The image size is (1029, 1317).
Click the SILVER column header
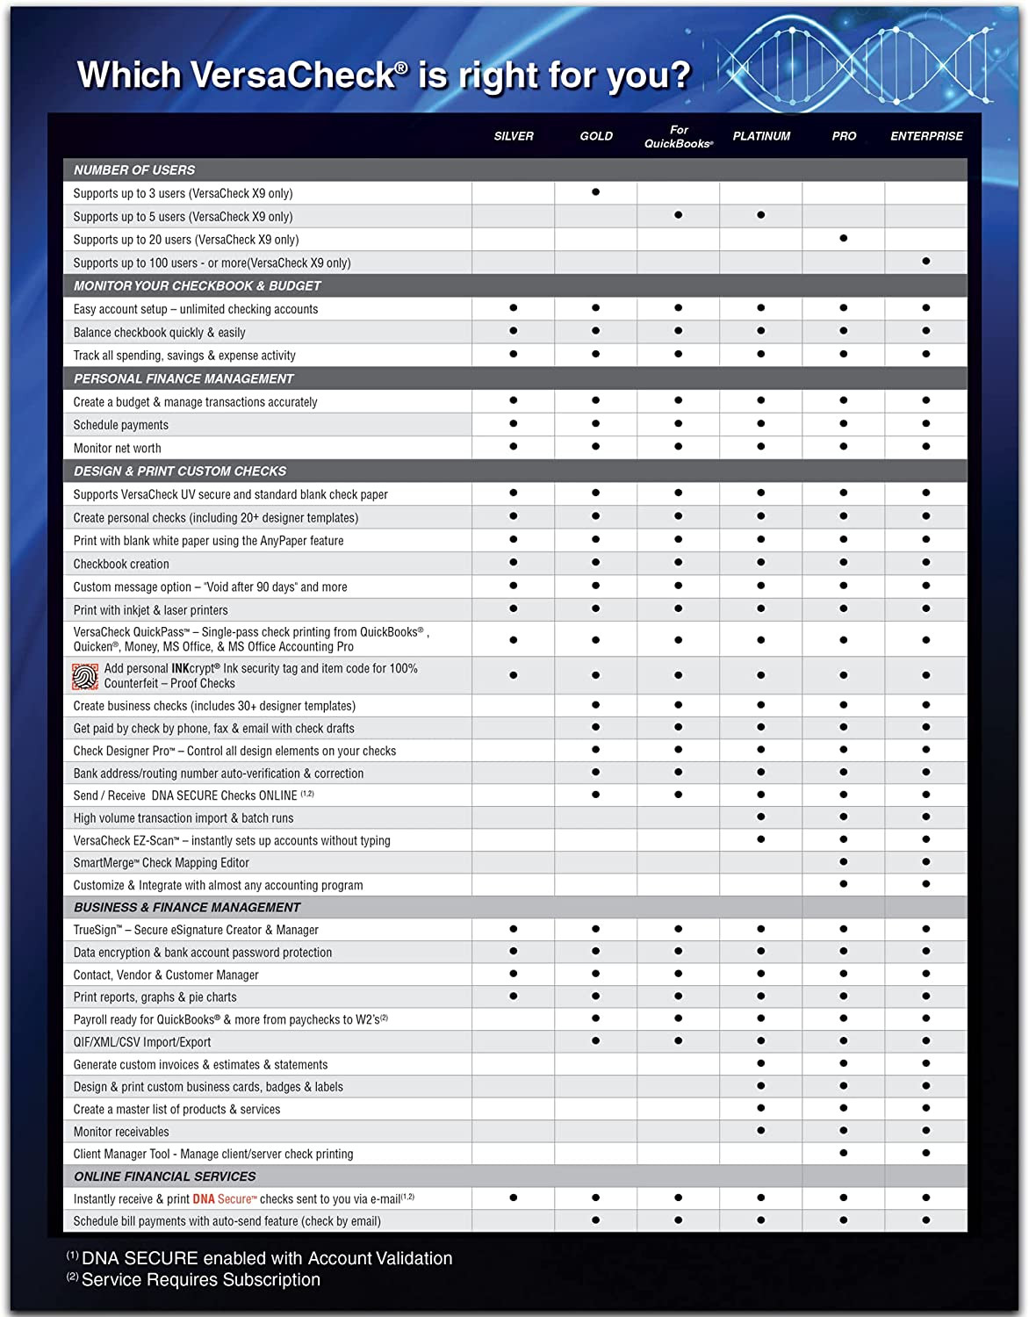click(x=514, y=136)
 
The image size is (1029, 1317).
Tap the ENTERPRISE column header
click(x=926, y=136)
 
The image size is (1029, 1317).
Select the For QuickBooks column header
click(x=679, y=137)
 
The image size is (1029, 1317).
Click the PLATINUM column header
click(x=761, y=136)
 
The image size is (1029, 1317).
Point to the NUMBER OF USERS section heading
click(x=134, y=170)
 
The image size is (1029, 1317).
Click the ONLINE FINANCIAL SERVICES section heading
click(x=165, y=1177)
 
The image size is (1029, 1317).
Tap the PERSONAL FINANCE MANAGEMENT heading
click(x=183, y=378)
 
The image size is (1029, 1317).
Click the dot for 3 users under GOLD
click(x=596, y=191)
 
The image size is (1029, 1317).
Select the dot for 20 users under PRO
click(x=844, y=238)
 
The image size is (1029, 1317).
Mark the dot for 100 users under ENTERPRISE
click(x=926, y=261)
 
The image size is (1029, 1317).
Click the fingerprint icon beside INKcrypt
click(x=85, y=676)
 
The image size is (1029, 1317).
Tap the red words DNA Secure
click(x=222, y=1198)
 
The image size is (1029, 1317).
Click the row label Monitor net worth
click(x=118, y=448)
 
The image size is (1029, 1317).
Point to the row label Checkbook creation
click(x=121, y=564)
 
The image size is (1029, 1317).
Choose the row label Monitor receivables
click(x=121, y=1132)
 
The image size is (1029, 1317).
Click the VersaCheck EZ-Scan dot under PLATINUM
click(x=761, y=839)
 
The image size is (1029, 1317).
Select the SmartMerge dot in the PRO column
click(x=844, y=862)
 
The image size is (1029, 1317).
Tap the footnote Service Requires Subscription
click(x=201, y=1280)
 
